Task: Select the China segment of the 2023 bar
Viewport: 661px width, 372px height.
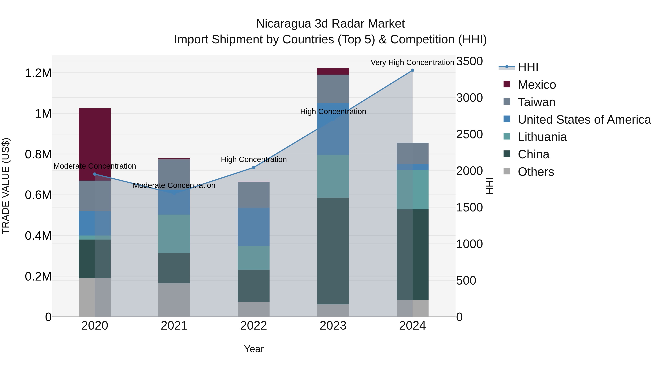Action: (x=333, y=251)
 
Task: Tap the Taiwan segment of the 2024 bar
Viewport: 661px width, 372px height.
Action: (x=412, y=153)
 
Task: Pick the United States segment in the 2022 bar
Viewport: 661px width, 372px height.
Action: (x=254, y=227)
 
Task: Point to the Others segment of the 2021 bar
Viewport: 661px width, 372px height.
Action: (x=174, y=300)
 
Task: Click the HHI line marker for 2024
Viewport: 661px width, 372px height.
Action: (x=412, y=70)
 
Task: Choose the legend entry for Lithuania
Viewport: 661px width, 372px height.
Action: (x=542, y=137)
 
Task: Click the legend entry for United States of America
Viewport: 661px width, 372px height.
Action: (x=584, y=120)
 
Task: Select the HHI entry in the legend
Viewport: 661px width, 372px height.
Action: (x=528, y=67)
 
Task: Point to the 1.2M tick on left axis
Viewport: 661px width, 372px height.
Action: (x=38, y=73)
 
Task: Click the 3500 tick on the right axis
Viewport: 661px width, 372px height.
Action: (x=469, y=61)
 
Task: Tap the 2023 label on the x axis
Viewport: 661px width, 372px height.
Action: (x=333, y=326)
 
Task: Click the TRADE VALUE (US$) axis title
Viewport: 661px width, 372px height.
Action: (x=6, y=186)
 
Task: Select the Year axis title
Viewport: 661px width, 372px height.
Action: (x=254, y=349)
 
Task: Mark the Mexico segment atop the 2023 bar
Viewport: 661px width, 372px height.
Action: (x=333, y=71)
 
